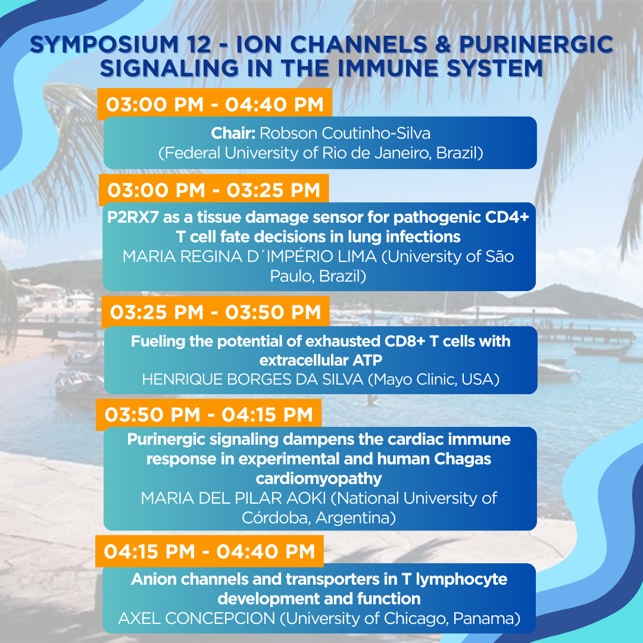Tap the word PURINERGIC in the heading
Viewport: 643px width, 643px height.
click(536, 45)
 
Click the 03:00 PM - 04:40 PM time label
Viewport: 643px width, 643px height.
click(215, 105)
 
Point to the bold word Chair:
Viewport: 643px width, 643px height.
click(233, 133)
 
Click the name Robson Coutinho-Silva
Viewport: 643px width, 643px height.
click(345, 133)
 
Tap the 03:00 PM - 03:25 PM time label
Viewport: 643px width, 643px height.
click(214, 191)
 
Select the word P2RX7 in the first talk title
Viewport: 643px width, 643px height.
click(133, 217)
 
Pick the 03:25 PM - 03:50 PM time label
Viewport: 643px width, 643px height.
click(216, 313)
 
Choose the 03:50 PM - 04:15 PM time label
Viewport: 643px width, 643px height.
click(209, 414)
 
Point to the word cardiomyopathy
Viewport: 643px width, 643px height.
click(319, 479)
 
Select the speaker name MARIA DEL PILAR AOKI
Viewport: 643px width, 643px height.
click(233, 498)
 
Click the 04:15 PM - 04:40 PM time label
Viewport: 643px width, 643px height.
click(210, 551)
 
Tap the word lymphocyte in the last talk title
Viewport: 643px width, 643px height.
click(461, 579)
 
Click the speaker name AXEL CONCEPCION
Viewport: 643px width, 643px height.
click(196, 619)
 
